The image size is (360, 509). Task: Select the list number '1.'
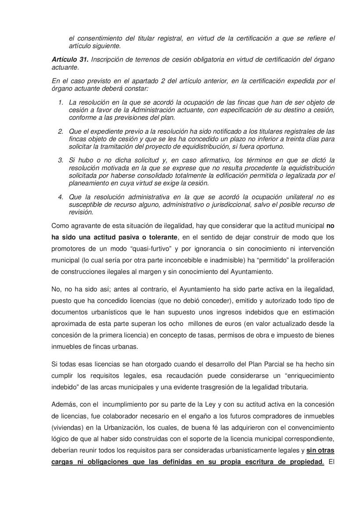(x=61, y=102)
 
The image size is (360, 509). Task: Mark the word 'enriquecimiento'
(x=307, y=376)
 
